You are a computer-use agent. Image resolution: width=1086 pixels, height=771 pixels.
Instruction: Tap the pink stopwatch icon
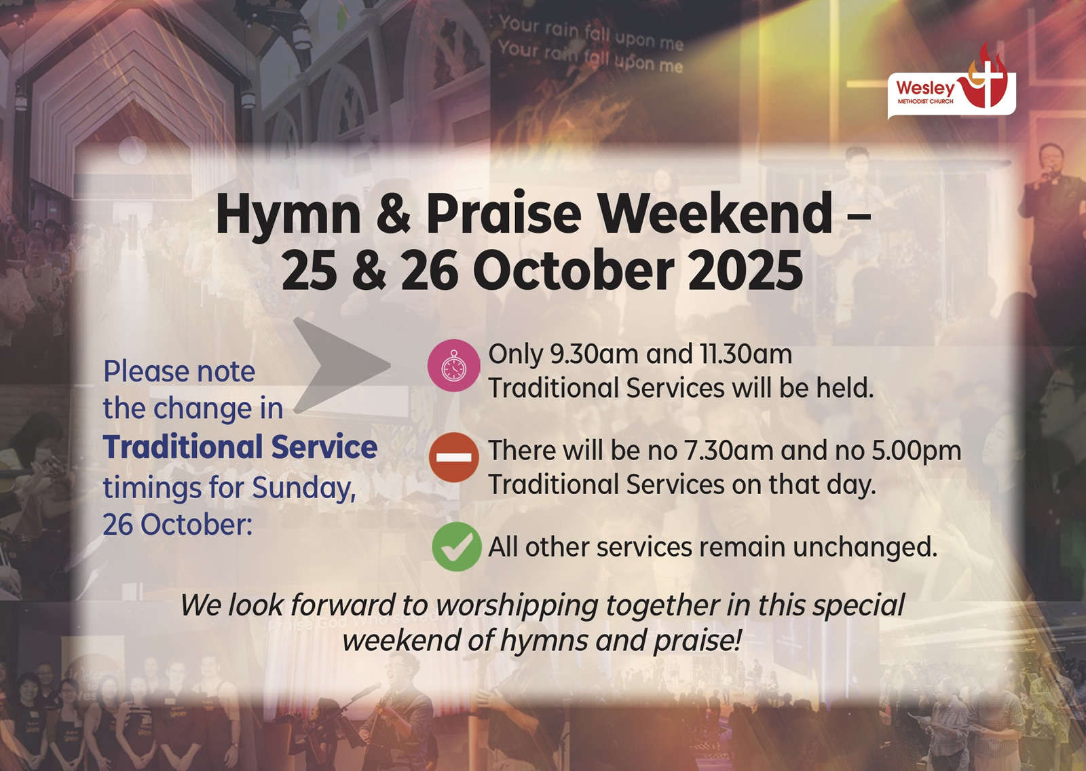tap(454, 365)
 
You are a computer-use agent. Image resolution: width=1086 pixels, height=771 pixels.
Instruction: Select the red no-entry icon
tap(454, 457)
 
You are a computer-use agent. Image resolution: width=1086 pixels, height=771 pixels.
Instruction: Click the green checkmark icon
tap(456, 546)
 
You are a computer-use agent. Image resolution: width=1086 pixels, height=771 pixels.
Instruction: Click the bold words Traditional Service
tap(240, 447)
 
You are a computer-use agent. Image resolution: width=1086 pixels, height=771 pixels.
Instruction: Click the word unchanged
tap(865, 547)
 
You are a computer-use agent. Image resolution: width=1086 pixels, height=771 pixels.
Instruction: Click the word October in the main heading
tap(574, 269)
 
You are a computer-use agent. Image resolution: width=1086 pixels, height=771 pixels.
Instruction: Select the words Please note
tap(179, 371)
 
